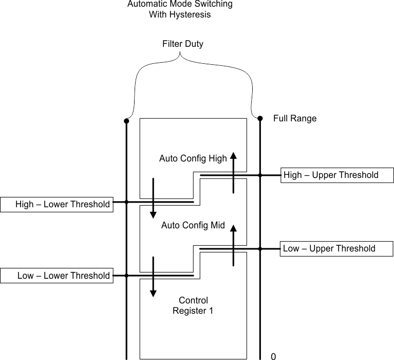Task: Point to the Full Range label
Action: pos(294,119)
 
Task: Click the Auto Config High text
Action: pos(193,158)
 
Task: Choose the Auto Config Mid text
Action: pos(193,225)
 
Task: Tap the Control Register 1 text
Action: pos(193,305)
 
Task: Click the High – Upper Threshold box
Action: pos(337,175)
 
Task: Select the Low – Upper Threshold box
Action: pos(337,249)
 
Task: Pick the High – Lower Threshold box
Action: pos(56,205)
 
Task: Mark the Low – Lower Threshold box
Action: pos(56,276)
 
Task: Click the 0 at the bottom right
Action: pos(273,356)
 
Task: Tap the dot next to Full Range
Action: pos(260,118)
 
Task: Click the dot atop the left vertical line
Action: pos(126,121)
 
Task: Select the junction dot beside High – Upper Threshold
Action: pos(260,175)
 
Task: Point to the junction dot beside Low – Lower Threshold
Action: pos(126,276)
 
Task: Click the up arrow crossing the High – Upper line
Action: pos(233,173)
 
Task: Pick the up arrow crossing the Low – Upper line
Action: pos(233,245)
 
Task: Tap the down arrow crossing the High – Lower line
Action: pos(153,199)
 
